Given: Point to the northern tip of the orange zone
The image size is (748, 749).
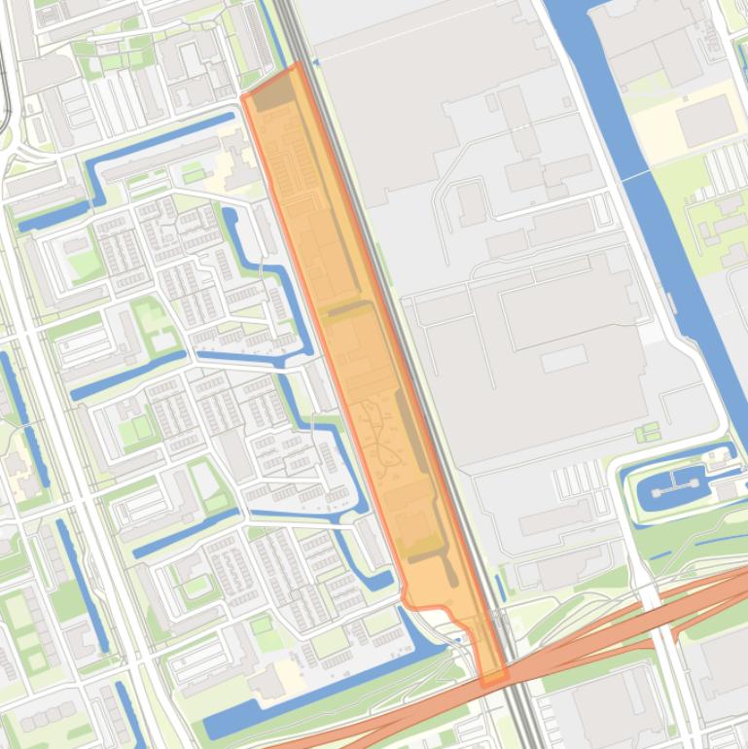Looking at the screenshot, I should coord(297,65).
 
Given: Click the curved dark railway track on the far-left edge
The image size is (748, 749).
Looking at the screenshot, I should coord(5,97).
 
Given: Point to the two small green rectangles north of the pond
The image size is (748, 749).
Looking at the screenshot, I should coord(644,432).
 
